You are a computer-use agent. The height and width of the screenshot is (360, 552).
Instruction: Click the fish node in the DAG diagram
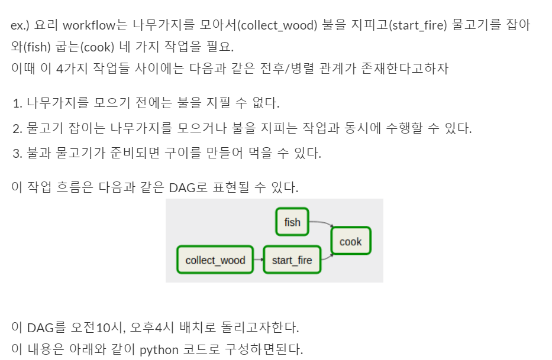pos(292,222)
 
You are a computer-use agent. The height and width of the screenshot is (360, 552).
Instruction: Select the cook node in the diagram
pos(350,241)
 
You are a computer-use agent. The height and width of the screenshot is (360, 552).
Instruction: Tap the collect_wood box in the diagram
pos(215,260)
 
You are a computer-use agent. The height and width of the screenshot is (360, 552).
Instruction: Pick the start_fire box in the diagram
pos(292,260)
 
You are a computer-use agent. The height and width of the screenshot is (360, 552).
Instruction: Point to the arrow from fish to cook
pos(321,223)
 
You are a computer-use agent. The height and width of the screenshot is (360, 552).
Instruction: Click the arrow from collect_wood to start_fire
pos(258,260)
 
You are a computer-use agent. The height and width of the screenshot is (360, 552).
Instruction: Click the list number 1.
pos(17,103)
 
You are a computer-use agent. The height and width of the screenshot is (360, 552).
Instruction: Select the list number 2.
pos(17,128)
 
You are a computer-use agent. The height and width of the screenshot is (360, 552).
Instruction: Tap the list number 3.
pos(17,154)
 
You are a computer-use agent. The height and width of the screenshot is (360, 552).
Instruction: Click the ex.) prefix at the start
pos(21,25)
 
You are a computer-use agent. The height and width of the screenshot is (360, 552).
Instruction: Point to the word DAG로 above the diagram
pos(188,188)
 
